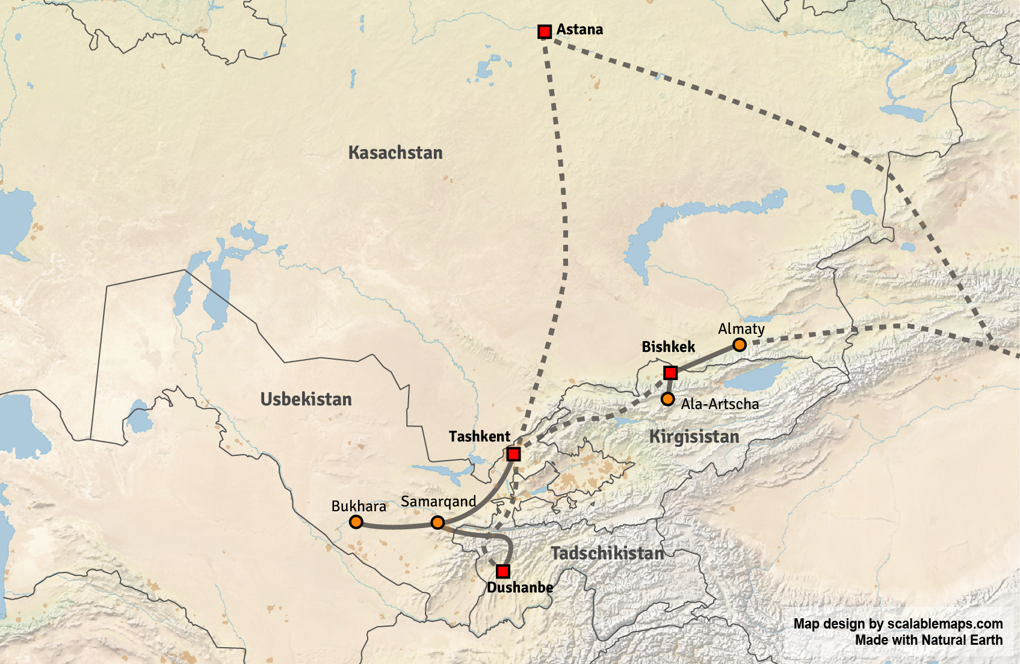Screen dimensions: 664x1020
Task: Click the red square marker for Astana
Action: point(545,31)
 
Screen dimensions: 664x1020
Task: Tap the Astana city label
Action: point(579,29)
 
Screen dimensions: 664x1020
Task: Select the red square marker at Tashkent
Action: point(513,453)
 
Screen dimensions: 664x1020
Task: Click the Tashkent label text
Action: point(479,437)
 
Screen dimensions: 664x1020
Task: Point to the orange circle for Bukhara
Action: point(356,522)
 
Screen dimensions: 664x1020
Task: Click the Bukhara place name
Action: point(359,506)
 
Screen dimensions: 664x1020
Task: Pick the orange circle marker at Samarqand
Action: point(438,523)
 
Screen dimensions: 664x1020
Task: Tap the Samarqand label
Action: point(438,502)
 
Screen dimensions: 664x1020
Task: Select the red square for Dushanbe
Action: point(503,571)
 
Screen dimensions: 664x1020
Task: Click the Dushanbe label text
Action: point(520,588)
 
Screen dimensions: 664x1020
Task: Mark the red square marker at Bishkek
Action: point(670,372)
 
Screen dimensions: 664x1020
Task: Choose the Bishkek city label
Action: point(668,347)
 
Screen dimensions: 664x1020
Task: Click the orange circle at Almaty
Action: point(740,345)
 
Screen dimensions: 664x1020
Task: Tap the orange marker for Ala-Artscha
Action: point(667,399)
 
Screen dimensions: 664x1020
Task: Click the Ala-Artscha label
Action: point(720,404)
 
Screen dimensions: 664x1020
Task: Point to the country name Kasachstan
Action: point(395,153)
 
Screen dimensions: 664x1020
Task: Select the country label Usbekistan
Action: point(306,399)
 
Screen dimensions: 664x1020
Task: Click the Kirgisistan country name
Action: point(694,437)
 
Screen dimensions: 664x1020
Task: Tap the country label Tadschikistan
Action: point(607,553)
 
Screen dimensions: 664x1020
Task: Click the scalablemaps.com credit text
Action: point(898,624)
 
